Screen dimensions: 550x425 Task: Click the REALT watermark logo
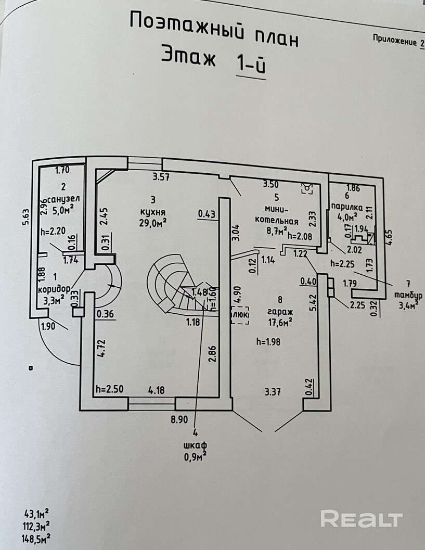point(361,519)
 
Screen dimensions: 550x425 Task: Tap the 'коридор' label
point(54,288)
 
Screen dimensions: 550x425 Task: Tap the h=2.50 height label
point(109,390)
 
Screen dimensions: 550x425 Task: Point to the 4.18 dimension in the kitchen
point(157,389)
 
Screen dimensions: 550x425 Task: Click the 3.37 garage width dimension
point(273,391)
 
